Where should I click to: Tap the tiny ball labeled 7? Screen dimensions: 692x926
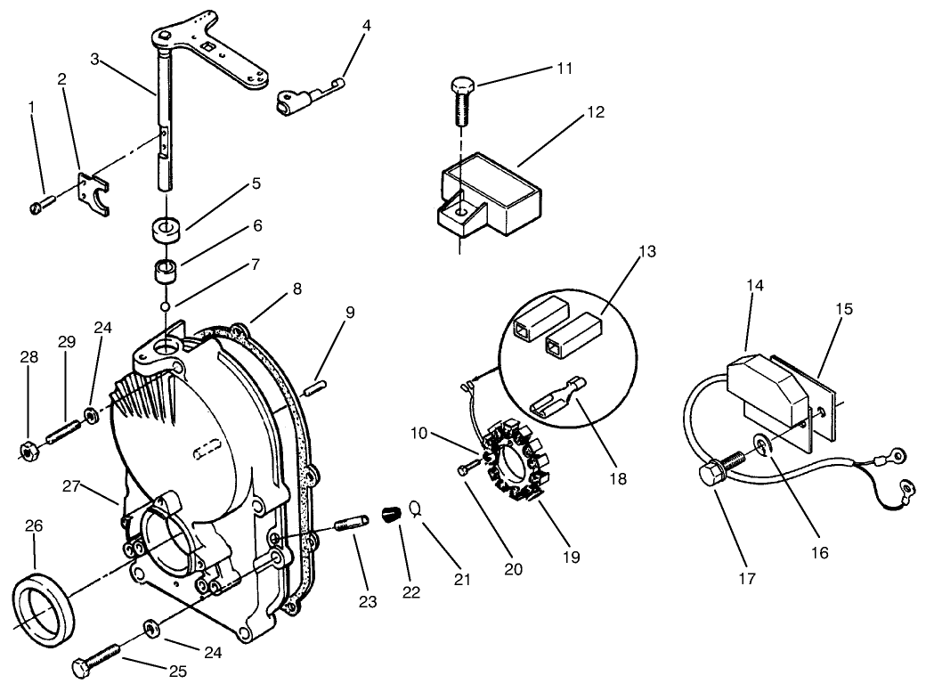click(x=165, y=307)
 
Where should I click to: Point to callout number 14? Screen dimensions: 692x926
click(x=755, y=285)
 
